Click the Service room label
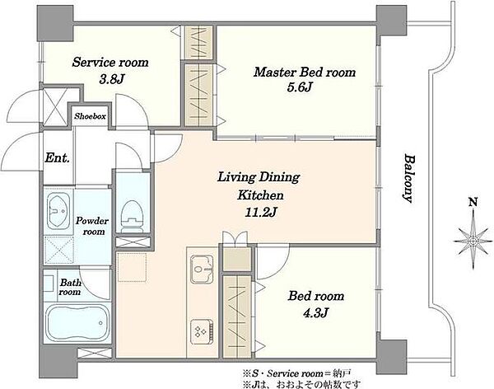110,62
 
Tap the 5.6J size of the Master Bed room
299,87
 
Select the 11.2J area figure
261,213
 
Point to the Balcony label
408,178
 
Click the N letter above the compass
473,201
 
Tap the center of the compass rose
473,241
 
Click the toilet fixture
133,217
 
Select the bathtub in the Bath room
77,323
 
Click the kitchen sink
202,268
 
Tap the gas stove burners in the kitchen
202,331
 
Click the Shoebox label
90,116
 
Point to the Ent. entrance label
57,157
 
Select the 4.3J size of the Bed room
316,312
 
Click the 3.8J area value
110,79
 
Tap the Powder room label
92,226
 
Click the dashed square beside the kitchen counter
133,267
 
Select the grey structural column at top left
55,23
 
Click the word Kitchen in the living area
260,195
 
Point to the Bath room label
70,287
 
